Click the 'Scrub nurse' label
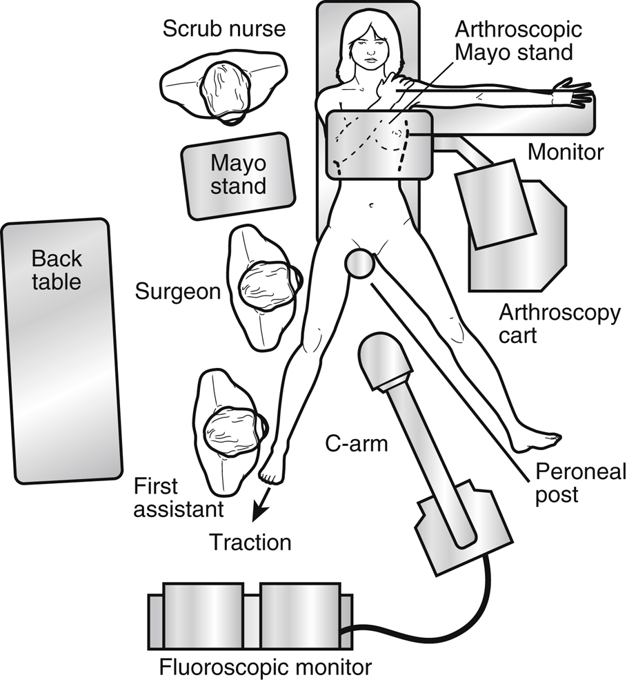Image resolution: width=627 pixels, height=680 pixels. (223, 30)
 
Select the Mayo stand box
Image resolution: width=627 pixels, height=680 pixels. (238, 175)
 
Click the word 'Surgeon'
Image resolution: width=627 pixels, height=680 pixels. (179, 291)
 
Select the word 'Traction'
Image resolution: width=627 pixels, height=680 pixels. (250, 543)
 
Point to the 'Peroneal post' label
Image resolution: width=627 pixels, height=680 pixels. (581, 483)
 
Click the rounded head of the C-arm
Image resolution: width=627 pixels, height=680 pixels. (385, 359)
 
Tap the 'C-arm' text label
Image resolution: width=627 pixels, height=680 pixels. (357, 444)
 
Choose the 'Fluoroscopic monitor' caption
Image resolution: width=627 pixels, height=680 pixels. (266, 667)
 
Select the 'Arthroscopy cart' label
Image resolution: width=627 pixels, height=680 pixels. (559, 324)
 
